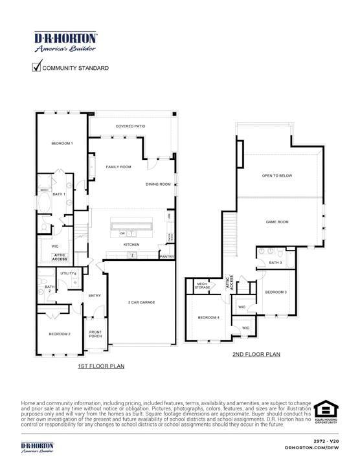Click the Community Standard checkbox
(x=37, y=67)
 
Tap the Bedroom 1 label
(x=62, y=143)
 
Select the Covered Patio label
(x=130, y=126)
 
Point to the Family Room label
(x=118, y=167)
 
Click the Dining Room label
(x=158, y=184)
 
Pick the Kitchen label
(x=131, y=245)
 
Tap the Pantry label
(x=167, y=257)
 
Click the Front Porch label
(x=95, y=335)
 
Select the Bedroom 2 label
(x=60, y=333)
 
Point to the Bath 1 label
(x=59, y=194)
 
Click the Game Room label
(x=277, y=222)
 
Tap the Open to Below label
(x=275, y=175)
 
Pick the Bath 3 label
(x=275, y=263)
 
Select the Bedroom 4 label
(x=208, y=317)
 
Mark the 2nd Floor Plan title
(x=256, y=354)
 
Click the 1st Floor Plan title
(x=100, y=366)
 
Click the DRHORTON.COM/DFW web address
(x=313, y=447)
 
